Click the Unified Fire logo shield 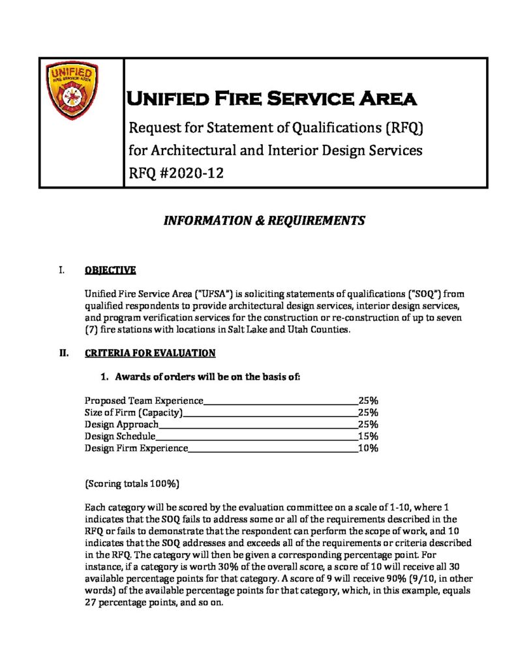point(73,89)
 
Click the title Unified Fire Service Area point(271,99)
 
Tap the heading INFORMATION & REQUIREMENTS point(264,220)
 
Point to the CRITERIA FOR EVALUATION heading point(150,353)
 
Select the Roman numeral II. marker point(64,353)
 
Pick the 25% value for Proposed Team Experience point(368,401)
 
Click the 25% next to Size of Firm point(368,412)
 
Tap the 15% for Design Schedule point(368,436)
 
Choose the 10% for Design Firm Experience point(368,448)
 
